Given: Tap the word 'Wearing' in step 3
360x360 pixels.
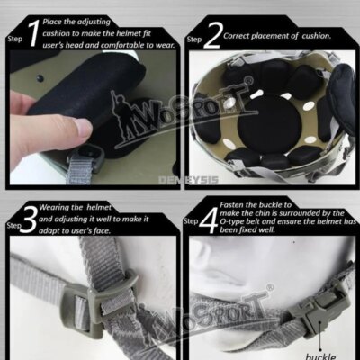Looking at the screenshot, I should tap(60, 206).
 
